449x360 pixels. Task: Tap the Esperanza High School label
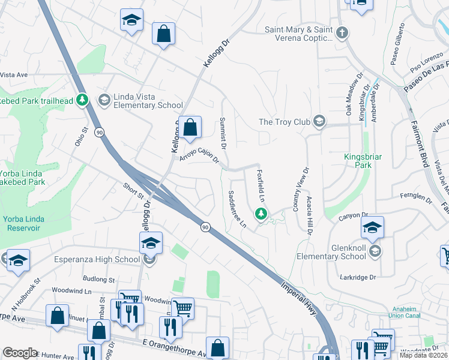[89, 260]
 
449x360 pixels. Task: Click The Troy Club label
[285, 122]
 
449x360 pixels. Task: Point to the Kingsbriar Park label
[363, 161]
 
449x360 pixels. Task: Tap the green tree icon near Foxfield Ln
[261, 213]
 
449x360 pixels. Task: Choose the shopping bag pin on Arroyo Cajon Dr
[190, 128]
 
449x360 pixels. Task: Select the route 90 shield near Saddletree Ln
[205, 226]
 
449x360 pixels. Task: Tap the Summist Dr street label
[222, 133]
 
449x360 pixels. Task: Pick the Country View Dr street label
[297, 188]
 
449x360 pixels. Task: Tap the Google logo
[20, 353]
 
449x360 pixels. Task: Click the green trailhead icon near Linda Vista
[83, 100]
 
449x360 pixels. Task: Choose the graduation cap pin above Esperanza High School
[151, 243]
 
